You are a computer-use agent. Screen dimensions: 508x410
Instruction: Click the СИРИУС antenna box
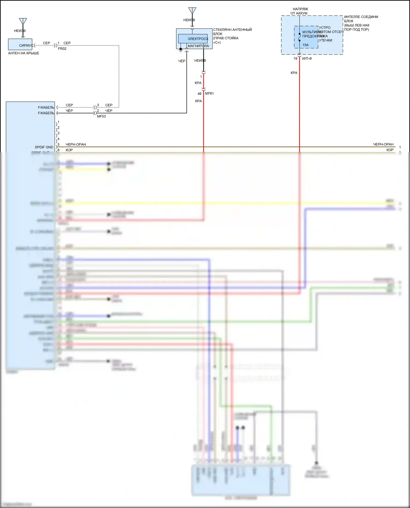pyautogui.click(x=20, y=44)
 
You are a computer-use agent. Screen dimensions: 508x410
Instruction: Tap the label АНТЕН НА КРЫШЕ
pyautogui.click(x=24, y=53)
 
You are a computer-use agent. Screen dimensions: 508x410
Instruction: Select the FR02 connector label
pyautogui.click(x=62, y=49)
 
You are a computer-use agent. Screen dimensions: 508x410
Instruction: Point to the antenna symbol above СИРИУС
pyautogui.click(x=23, y=21)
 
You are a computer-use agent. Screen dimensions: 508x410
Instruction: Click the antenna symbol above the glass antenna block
pyautogui.click(x=192, y=11)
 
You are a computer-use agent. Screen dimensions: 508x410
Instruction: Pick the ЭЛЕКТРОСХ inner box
pyautogui.click(x=193, y=39)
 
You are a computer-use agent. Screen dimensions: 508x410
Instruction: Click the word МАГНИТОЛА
pyautogui.click(x=198, y=46)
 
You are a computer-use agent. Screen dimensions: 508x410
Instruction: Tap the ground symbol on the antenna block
pyautogui.click(x=181, y=50)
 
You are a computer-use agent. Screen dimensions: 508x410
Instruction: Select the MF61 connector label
pyautogui.click(x=209, y=94)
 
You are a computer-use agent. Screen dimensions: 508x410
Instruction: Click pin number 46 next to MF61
pyautogui.click(x=200, y=94)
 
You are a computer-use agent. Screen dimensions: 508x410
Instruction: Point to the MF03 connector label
pyautogui.click(x=101, y=116)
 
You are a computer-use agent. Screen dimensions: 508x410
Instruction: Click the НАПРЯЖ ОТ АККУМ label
pyautogui.click(x=300, y=11)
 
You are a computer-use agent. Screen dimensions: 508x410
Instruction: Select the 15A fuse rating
pyautogui.click(x=305, y=45)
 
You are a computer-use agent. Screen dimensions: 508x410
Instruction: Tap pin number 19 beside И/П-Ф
pyautogui.click(x=295, y=58)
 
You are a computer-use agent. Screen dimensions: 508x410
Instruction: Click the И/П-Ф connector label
pyautogui.click(x=307, y=58)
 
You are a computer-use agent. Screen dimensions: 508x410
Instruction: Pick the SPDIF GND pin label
pyautogui.click(x=44, y=147)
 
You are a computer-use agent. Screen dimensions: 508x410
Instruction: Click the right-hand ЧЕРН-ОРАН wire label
pyautogui.click(x=383, y=144)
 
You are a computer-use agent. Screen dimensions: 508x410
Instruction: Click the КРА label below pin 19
pyautogui.click(x=294, y=73)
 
